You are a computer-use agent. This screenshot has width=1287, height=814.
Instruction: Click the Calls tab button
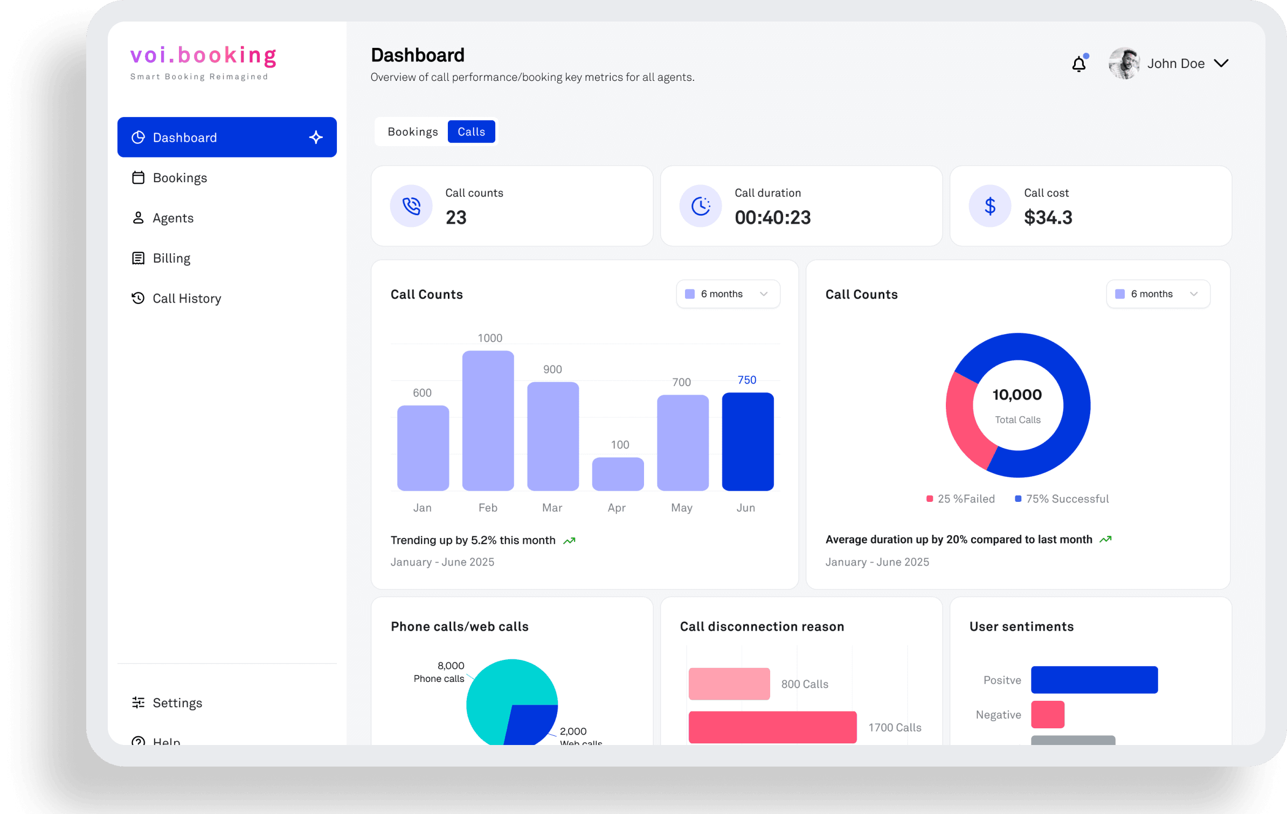471,132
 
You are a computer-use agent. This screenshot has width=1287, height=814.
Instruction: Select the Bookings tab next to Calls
412,132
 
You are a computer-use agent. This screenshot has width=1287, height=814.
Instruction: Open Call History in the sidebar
186,298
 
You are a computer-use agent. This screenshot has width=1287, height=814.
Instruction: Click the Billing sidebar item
171,258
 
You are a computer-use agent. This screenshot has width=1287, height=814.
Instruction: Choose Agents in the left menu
172,218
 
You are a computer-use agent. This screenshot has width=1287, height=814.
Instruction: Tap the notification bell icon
1078,64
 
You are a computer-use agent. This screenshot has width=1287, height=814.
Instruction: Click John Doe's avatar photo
1123,63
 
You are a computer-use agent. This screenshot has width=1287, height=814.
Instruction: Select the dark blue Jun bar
748,442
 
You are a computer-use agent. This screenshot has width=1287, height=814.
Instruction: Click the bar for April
618,474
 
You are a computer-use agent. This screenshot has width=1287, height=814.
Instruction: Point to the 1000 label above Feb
489,338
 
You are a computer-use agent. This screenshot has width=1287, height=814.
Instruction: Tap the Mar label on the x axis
552,507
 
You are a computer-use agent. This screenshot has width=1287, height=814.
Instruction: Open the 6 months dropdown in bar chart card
728,294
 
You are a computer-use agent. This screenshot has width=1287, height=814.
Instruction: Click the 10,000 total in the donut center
1017,395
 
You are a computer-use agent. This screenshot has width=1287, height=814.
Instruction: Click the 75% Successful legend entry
1062,499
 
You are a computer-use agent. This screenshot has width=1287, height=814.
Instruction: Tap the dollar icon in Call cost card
990,206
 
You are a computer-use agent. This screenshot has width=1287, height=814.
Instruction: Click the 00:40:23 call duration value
772,217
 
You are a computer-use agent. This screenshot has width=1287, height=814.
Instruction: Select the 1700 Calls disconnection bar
772,727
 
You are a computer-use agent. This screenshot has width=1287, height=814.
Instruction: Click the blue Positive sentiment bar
1094,679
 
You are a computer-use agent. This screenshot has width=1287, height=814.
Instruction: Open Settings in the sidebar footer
176,702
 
